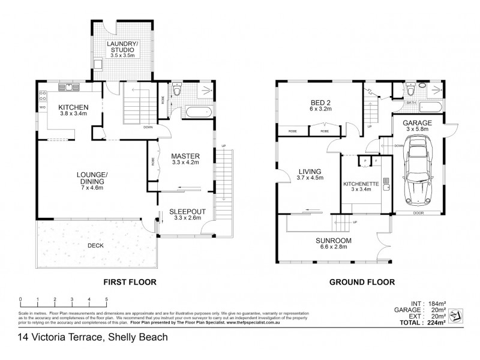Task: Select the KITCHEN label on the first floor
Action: (73, 108)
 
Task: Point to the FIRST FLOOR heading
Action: (130, 280)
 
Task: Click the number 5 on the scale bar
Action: (106, 299)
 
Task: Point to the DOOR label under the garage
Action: (418, 212)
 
